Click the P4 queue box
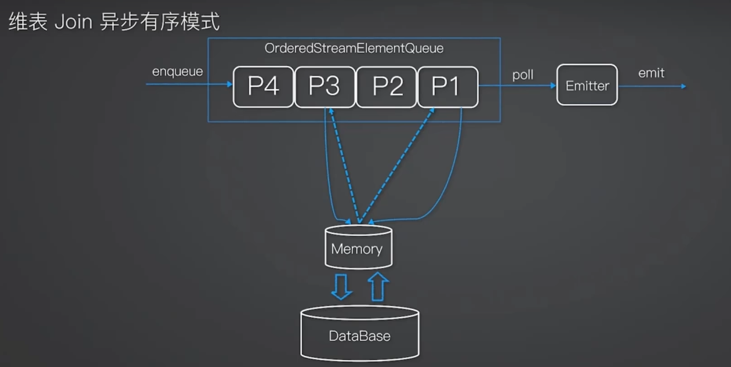pos(263,87)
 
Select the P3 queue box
pos(325,87)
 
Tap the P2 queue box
pos(387,87)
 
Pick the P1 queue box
pos(448,87)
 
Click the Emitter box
pos(587,85)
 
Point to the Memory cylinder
pos(358,247)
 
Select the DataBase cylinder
pos(360,333)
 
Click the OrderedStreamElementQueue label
pos(354,48)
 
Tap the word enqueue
pos(177,72)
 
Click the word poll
pos(523,75)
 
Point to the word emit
pos(651,72)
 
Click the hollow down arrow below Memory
pos(341,286)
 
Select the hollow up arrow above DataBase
pos(378,286)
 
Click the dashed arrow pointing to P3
pos(344,166)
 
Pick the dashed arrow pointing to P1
pos(397,166)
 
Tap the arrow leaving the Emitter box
pos(652,87)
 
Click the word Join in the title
pos(74,22)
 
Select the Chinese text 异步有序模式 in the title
pos(160,22)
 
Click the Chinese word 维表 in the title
pos(28,22)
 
